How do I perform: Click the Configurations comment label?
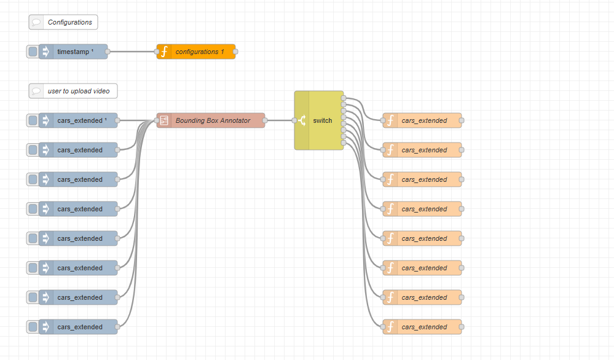pos(69,22)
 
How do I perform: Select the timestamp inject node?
pos(75,52)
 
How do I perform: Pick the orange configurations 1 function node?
pos(200,52)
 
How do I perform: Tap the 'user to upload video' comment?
pos(79,91)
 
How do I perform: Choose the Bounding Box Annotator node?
pos(213,120)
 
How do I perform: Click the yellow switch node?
pos(322,120)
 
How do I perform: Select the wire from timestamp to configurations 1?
pos(132,52)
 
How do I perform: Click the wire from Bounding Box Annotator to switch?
pos(280,120)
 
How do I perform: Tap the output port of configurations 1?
pos(235,52)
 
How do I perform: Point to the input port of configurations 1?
pos(157,52)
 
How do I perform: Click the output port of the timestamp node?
pos(108,52)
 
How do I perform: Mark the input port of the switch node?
pos(294,120)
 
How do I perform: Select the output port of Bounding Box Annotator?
pos(265,120)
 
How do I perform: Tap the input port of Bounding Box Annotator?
pos(157,120)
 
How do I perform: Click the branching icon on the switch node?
pos(302,120)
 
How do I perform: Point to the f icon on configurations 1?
pos(164,52)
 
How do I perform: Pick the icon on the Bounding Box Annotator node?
pos(164,120)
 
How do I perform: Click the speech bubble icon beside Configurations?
pos(36,22)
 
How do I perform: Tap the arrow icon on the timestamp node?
pos(45,52)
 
